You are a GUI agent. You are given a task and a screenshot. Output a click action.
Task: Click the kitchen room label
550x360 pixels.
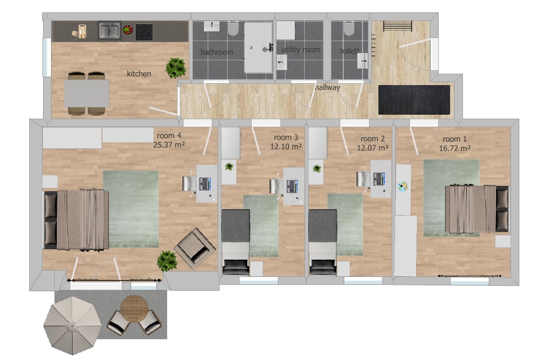139,74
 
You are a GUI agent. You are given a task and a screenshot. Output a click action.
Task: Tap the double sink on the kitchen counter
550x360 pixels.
109,31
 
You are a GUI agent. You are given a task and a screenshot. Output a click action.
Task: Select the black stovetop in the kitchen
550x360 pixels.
144,31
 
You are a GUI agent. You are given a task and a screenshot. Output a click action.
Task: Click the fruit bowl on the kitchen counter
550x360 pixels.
128,30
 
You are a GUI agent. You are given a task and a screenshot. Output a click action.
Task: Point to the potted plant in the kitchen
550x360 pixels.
176,68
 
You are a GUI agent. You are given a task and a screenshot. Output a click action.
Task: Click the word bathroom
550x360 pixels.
217,52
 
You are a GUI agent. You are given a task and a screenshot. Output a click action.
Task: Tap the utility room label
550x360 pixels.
301,49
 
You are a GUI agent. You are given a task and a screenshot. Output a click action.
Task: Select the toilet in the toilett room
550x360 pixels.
349,31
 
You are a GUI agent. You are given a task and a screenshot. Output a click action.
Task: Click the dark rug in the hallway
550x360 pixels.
414,99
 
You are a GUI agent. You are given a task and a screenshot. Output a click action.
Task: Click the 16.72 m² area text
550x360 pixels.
455,147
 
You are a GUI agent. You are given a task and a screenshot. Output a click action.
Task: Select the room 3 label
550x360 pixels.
286,137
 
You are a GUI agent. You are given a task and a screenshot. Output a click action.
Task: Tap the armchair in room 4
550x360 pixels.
195,249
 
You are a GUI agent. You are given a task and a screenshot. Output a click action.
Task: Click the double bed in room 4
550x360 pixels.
76,220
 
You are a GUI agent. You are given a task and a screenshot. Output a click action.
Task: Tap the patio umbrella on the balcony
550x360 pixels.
72,324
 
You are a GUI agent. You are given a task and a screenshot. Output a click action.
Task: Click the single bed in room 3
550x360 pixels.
235,241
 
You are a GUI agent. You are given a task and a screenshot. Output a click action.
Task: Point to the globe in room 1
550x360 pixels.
403,186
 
